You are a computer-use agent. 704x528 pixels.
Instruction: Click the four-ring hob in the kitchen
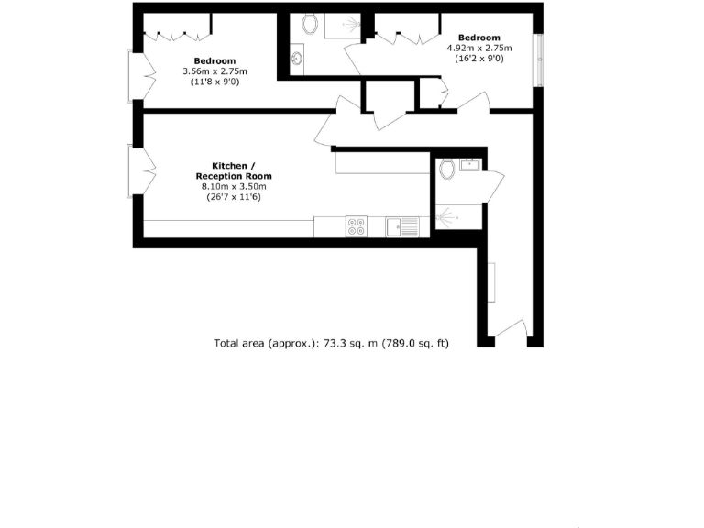(x=356, y=226)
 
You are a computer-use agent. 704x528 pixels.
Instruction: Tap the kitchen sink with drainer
(x=401, y=226)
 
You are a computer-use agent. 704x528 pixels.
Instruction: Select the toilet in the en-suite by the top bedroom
(x=309, y=24)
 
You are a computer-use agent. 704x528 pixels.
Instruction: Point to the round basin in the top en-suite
(x=297, y=60)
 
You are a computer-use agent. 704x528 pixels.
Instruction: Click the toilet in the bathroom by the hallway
(x=447, y=169)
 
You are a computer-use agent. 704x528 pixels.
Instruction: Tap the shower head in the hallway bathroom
(x=445, y=217)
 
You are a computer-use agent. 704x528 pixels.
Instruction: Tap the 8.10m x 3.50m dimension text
(x=232, y=187)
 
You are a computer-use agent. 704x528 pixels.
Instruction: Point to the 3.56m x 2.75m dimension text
(x=214, y=71)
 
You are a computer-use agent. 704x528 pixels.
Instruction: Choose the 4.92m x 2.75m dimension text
(x=478, y=48)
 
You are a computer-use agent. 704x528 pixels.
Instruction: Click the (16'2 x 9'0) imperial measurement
(x=478, y=59)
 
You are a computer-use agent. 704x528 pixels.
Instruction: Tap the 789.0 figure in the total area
(x=399, y=344)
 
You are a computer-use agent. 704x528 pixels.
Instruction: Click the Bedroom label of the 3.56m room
(x=214, y=60)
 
